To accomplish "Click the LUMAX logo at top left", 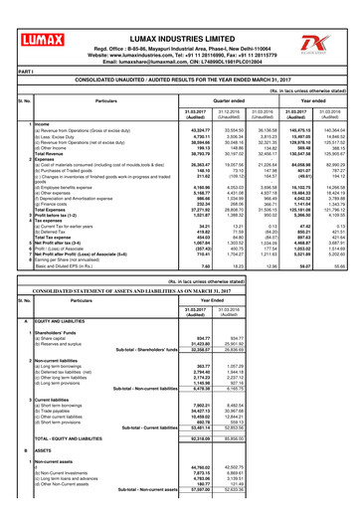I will [x=37, y=17].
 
